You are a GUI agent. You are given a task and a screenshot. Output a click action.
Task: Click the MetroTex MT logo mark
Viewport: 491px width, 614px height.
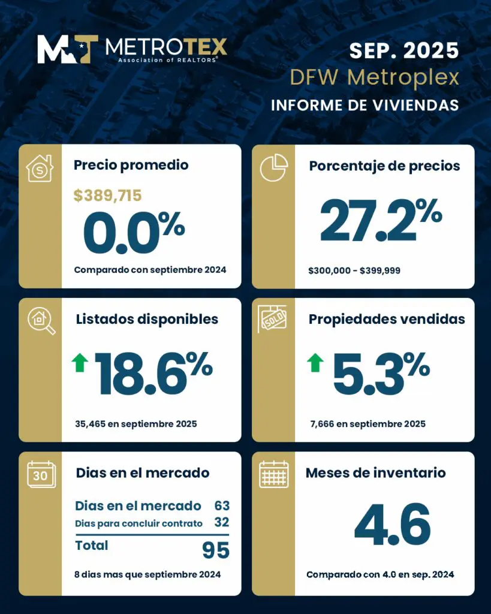point(68,49)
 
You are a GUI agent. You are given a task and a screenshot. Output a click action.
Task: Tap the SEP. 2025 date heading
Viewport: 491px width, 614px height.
point(404,50)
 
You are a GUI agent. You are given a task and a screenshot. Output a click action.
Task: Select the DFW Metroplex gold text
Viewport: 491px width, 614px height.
point(374,77)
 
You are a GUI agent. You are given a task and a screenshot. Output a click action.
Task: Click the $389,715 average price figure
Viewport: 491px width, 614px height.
point(108,195)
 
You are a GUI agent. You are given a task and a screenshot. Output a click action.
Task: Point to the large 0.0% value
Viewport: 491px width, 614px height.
point(134,231)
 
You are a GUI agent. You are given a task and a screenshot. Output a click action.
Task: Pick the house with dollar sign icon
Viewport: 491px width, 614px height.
point(40,168)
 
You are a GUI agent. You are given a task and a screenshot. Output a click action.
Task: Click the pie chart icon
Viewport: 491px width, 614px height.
point(273,168)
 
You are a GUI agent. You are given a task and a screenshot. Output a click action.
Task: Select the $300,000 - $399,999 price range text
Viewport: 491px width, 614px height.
point(354,270)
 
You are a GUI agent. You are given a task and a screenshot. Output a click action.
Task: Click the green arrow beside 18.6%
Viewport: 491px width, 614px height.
point(80,363)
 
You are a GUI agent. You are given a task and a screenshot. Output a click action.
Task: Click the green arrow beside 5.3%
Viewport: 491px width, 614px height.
point(315,363)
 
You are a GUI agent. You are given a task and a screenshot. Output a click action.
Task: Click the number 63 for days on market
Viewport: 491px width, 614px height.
point(222,505)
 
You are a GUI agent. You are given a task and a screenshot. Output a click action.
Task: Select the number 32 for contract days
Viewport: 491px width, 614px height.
point(222,523)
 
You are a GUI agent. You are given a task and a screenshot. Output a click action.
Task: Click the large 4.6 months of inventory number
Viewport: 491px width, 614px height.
point(392,525)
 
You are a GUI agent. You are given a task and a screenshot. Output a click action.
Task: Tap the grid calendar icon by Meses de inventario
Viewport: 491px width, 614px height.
point(273,474)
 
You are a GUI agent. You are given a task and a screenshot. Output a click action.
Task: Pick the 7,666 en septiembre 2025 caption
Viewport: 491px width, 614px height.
point(367,424)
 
